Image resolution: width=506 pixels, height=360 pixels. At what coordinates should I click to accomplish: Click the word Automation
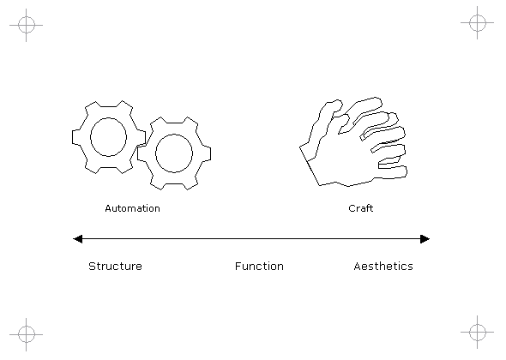tap(133, 208)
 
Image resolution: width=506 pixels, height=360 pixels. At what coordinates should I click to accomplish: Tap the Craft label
tap(361, 208)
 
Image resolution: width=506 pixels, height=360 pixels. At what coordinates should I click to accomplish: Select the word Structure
tap(115, 266)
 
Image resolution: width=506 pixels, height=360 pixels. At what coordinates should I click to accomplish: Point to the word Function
tap(259, 266)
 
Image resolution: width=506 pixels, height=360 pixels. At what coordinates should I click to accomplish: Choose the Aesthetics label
tap(383, 266)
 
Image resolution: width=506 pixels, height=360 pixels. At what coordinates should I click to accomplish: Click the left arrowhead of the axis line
tap(78, 239)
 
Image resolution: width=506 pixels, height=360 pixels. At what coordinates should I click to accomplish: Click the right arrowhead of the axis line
tap(425, 239)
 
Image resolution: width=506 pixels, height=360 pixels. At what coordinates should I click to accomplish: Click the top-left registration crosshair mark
tap(26, 25)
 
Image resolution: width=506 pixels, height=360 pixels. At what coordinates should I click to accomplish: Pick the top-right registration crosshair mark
tap(478, 22)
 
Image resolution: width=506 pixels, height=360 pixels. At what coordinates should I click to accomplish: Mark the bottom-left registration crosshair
tap(26, 334)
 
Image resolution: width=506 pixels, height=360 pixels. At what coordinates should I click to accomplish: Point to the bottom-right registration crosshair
tap(478, 332)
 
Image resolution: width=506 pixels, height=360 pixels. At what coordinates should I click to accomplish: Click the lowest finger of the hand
tap(392, 172)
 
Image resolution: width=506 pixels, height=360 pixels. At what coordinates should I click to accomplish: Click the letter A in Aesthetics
tap(358, 266)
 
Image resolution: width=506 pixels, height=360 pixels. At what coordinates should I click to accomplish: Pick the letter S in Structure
tap(93, 266)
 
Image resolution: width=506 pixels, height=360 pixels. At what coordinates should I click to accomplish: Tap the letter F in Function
tap(238, 266)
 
